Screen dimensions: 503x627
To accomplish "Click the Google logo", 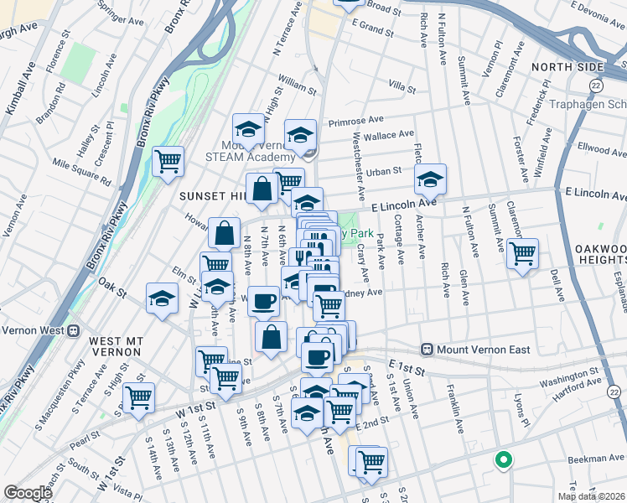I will (x=28, y=493).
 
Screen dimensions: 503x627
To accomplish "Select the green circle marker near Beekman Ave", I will (x=503, y=459).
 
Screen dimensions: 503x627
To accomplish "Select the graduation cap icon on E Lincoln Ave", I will (x=430, y=178).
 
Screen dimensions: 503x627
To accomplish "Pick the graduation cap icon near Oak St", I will (x=162, y=297).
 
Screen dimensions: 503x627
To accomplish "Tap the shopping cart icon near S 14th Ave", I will (x=138, y=396).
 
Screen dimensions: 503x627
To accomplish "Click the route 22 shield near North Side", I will (x=594, y=86).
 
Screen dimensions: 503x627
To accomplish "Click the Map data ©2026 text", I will (x=591, y=496).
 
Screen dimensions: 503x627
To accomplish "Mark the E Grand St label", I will (x=372, y=29).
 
